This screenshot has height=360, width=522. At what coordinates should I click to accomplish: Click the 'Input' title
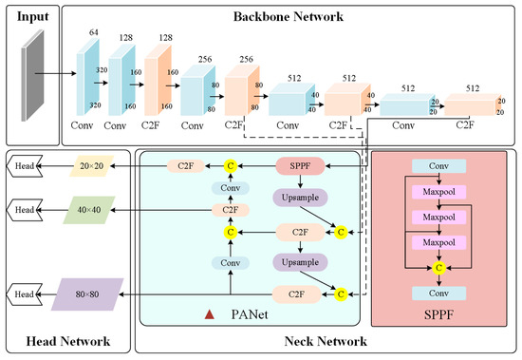click(x=32, y=16)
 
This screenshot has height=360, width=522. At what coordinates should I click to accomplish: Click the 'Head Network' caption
click(x=66, y=341)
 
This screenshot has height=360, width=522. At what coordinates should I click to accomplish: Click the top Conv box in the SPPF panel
click(x=438, y=166)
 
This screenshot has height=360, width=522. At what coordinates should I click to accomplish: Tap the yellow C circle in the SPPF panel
click(x=438, y=269)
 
